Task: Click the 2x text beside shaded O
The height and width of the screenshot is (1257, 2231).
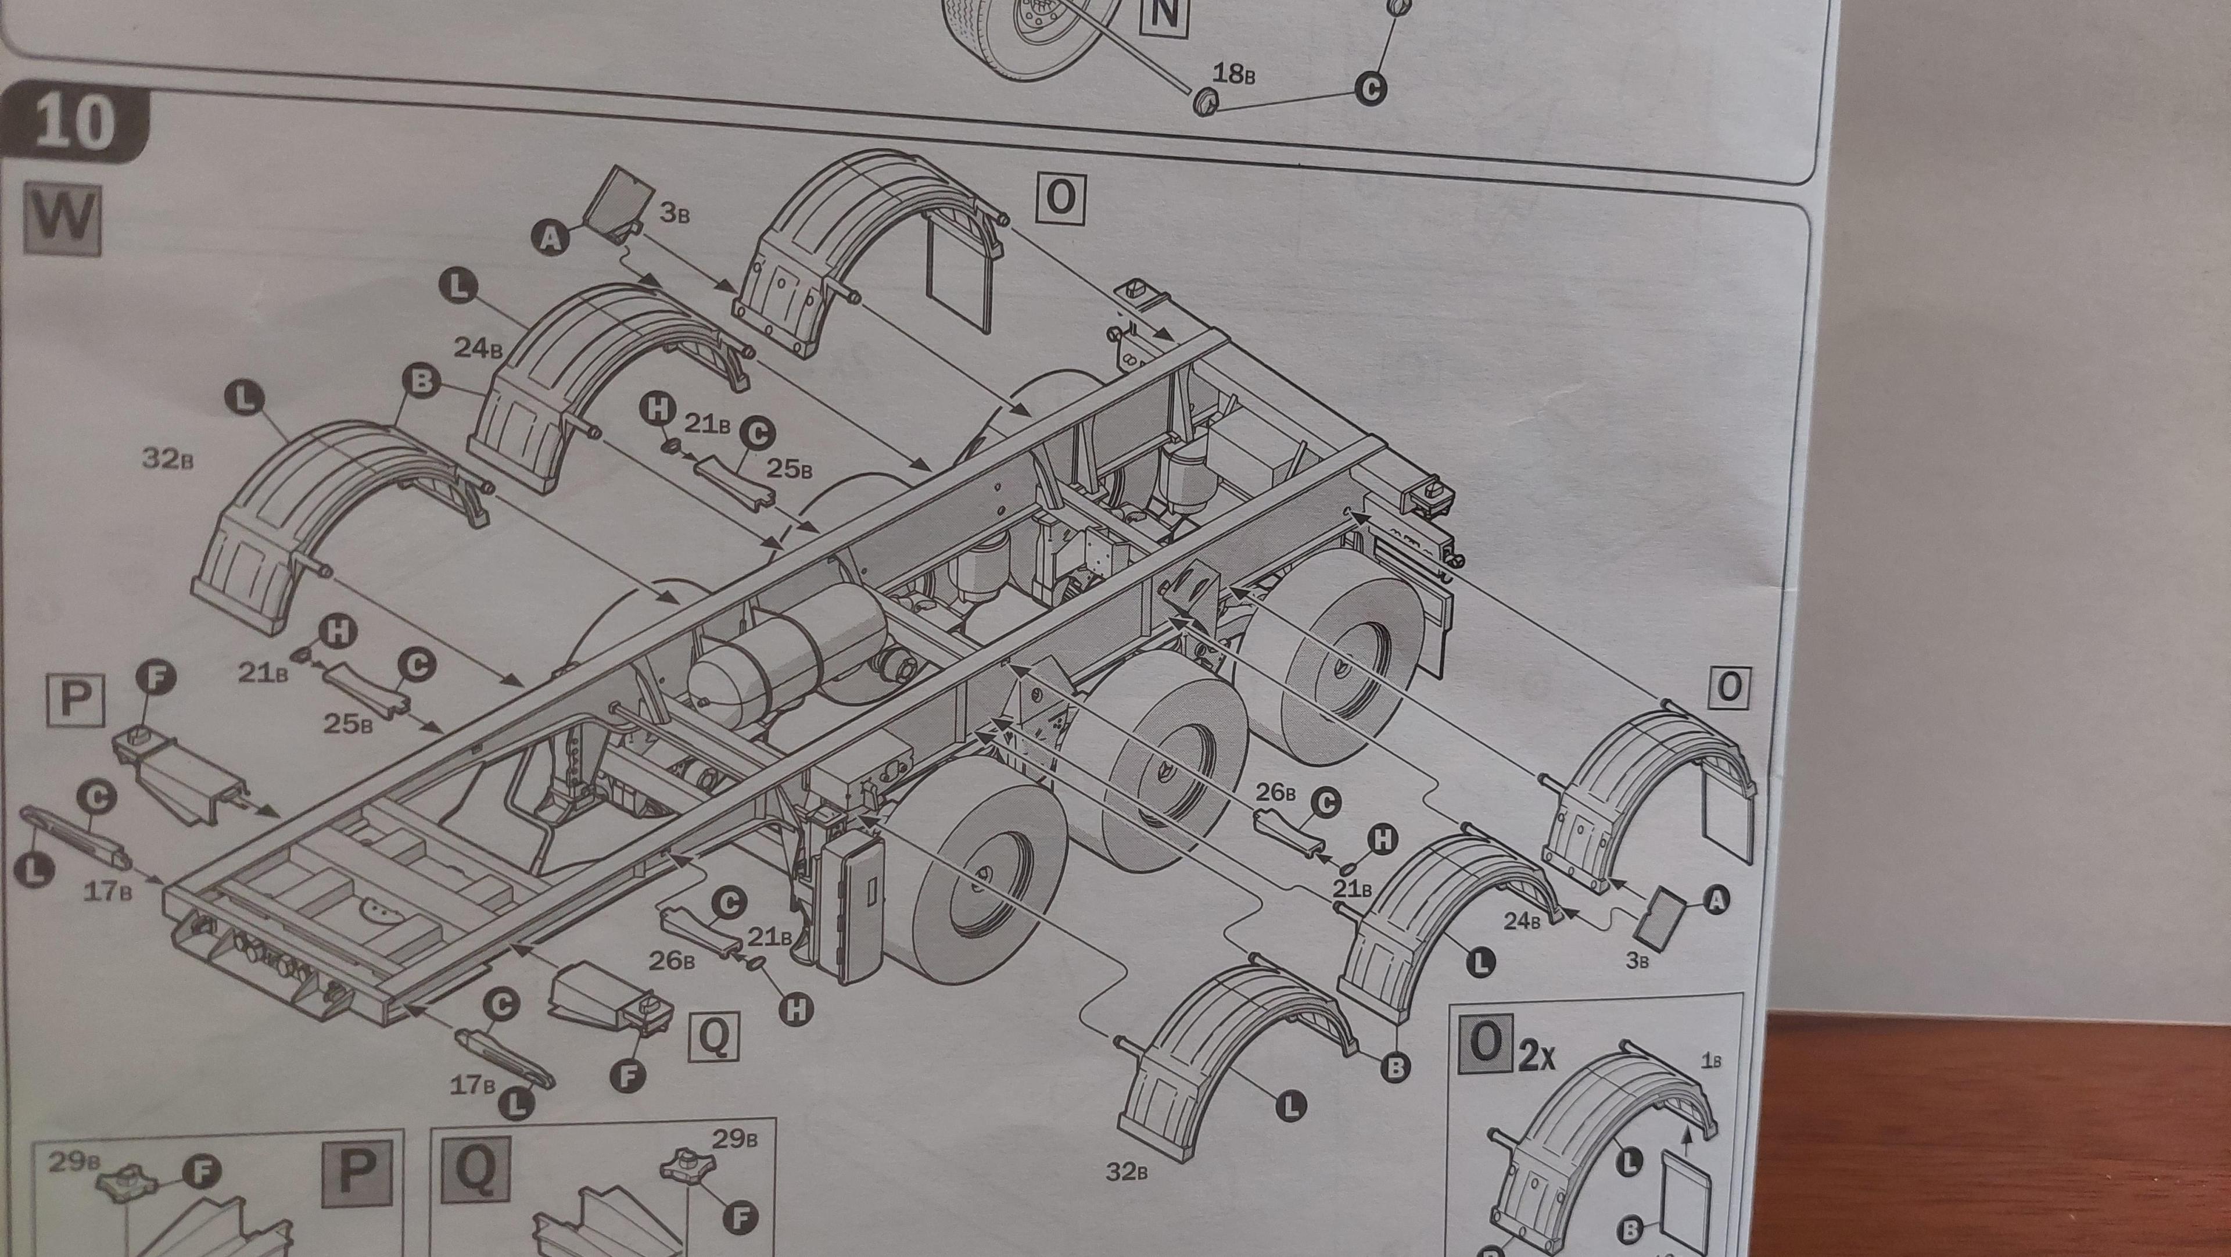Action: click(1538, 1059)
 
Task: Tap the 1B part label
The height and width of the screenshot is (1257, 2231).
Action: click(1710, 1061)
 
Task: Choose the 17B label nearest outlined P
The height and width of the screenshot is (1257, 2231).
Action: click(107, 890)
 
